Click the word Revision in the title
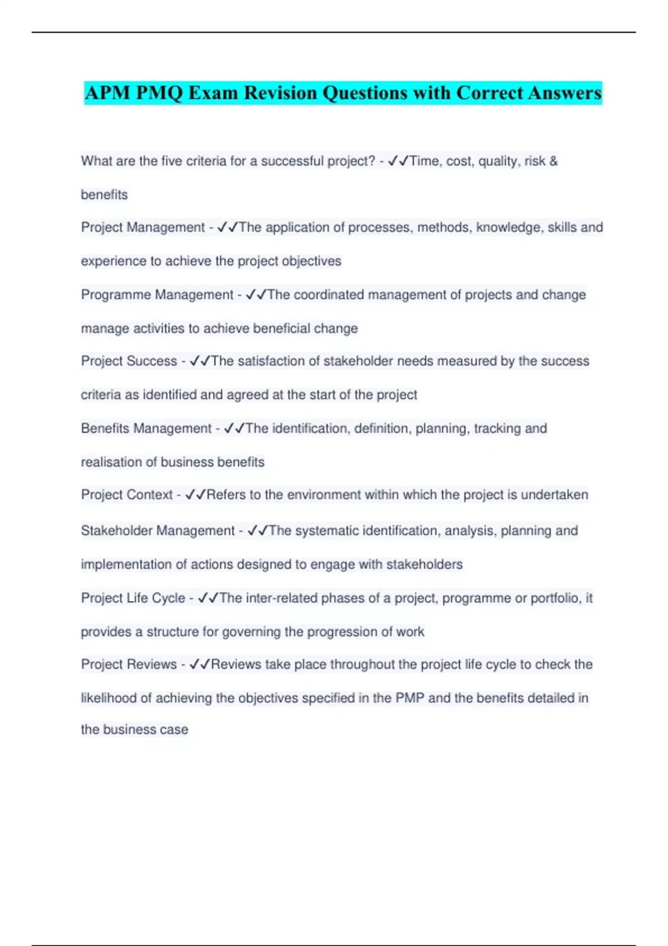(280, 93)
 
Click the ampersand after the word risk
(553, 161)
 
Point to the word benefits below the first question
(104, 195)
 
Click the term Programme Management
(157, 294)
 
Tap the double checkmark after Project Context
(195, 495)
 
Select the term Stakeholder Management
(158, 531)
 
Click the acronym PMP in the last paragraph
(410, 698)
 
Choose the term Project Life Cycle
(133, 598)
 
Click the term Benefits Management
(146, 428)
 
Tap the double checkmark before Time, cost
(399, 161)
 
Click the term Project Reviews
(129, 664)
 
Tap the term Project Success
(129, 361)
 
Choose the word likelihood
(109, 698)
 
